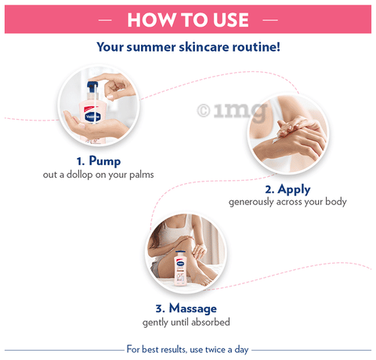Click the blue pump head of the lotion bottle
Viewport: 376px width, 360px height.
click(92, 86)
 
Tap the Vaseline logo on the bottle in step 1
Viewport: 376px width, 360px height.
click(93, 117)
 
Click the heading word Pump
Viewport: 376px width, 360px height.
click(105, 161)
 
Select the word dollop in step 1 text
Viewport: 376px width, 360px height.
click(80, 175)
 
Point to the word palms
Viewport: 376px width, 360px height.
click(142, 175)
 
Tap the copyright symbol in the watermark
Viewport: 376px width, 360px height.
click(204, 110)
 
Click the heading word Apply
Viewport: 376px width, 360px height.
click(294, 189)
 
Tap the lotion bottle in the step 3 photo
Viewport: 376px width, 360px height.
click(180, 268)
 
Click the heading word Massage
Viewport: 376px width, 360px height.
click(193, 308)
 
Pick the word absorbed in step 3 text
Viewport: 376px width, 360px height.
click(211, 322)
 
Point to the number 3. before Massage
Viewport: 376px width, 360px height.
click(161, 308)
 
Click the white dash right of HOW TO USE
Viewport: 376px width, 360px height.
click(270, 20)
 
